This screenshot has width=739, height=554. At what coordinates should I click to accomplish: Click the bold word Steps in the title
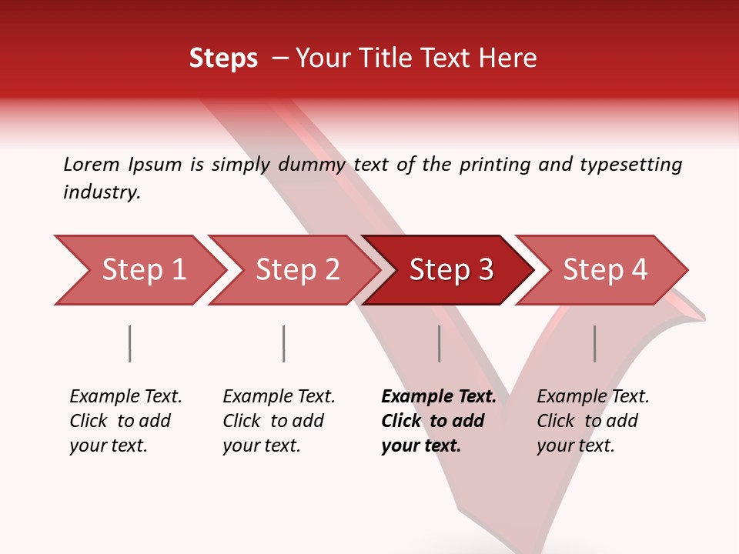223,58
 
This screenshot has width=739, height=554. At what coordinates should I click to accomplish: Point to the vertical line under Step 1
130,343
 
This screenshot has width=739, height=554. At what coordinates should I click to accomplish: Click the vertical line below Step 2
284,343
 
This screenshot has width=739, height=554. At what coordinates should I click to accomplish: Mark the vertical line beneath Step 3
440,343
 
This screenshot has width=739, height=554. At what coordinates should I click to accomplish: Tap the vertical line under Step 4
595,343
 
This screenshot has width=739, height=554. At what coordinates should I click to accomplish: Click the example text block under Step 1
125,421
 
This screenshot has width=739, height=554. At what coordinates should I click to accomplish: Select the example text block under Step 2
279,421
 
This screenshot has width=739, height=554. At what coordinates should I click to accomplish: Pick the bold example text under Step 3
438,421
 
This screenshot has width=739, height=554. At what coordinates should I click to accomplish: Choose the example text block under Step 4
593,421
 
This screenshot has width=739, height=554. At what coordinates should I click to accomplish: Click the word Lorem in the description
92,164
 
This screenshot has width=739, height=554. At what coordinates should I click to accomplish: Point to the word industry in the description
101,192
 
